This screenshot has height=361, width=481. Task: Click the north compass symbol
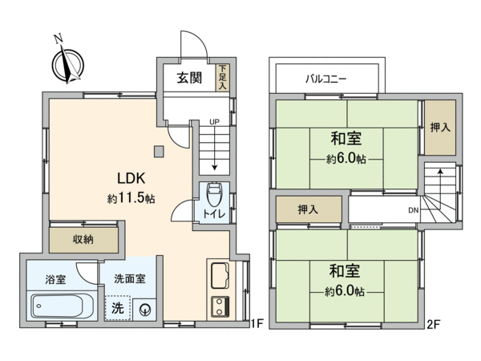pyautogui.click(x=68, y=64)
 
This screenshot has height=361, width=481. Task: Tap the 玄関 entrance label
pyautogui.click(x=189, y=78)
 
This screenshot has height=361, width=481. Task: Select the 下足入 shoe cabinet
pyautogui.click(x=223, y=78)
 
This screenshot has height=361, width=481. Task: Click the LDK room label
pyautogui.click(x=131, y=178)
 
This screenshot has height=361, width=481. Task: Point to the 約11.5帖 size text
pyautogui.click(x=131, y=198)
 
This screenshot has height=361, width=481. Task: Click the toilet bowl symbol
pyautogui.click(x=214, y=195)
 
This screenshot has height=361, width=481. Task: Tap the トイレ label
pyautogui.click(x=214, y=213)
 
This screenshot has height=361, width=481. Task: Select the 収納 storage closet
pyautogui.click(x=83, y=240)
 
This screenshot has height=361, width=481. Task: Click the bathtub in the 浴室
pyautogui.click(x=57, y=306)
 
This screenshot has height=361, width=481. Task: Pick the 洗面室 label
pyautogui.click(x=130, y=279)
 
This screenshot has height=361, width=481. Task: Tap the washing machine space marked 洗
pyautogui.click(x=118, y=308)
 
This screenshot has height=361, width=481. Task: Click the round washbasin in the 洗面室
pyautogui.click(x=144, y=310)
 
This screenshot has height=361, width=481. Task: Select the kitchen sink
pyautogui.click(x=220, y=275)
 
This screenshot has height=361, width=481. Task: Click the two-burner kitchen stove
pyautogui.click(x=220, y=307)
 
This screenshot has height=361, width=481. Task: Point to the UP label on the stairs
pyautogui.click(x=214, y=122)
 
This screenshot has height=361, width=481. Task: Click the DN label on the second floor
pyautogui.click(x=414, y=210)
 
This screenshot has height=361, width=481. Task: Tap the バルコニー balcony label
pyautogui.click(x=326, y=79)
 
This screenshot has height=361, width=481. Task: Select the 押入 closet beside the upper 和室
pyautogui.click(x=440, y=128)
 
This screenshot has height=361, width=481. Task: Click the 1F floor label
pyautogui.click(x=257, y=323)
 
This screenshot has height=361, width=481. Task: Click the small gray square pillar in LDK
pyautogui.click(x=159, y=152)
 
